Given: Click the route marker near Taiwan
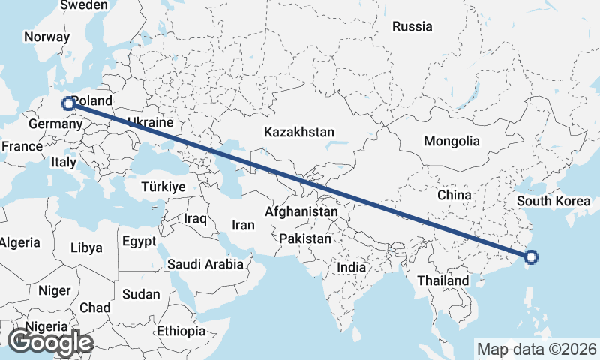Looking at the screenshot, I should click(x=531, y=258).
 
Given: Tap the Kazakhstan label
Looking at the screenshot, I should click(x=299, y=132).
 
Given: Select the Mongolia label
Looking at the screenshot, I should click(x=451, y=141).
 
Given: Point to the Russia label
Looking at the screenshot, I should click(x=412, y=26).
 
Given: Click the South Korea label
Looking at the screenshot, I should click(x=553, y=200).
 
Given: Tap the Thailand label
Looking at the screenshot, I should click(x=443, y=280).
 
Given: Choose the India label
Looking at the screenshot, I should click(x=351, y=266).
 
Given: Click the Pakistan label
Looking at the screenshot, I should click(x=305, y=239).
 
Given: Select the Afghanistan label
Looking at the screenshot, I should click(x=301, y=212).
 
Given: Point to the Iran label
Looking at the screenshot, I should click(x=243, y=224).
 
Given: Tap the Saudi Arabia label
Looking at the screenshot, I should click(x=205, y=264).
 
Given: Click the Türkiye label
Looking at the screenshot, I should click(x=163, y=186).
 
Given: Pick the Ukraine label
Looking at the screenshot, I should click(x=151, y=122).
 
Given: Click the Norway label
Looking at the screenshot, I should click(x=46, y=37).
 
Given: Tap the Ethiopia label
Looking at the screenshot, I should click(x=181, y=331).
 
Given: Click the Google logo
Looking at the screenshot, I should click(x=51, y=342).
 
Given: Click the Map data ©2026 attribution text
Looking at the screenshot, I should click(x=537, y=349).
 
